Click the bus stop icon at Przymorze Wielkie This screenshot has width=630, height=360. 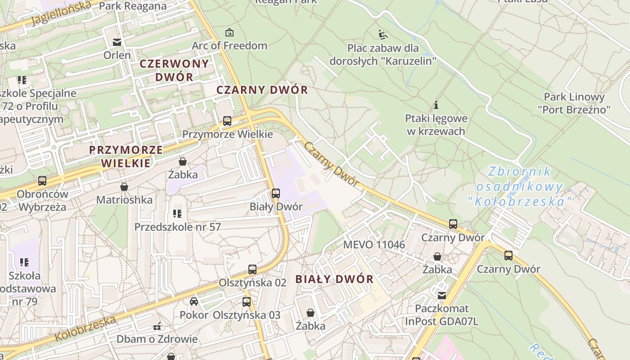[x=227, y=121]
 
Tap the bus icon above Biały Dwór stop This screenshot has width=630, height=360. [x=276, y=193]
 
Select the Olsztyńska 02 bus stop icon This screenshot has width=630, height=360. [x=252, y=270]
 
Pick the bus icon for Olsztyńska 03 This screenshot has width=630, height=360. [x=246, y=302]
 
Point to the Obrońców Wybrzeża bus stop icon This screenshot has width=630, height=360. [x=42, y=181]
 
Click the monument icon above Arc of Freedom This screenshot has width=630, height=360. [x=229, y=32]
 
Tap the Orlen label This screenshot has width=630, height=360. [x=117, y=55]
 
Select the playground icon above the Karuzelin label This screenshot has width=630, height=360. [x=382, y=34]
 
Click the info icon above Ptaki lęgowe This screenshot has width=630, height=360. [x=436, y=105]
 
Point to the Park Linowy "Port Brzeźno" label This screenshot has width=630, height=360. [x=574, y=103]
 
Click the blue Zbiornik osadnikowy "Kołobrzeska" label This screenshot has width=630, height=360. [x=520, y=186]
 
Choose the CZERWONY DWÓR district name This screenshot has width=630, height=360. [x=174, y=70]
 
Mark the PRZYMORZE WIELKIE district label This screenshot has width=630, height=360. [x=126, y=156]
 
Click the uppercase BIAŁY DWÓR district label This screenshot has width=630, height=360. [x=334, y=279]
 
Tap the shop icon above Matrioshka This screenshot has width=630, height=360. [x=124, y=186]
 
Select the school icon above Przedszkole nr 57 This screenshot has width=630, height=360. [x=177, y=213]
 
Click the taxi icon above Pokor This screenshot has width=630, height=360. [x=194, y=301]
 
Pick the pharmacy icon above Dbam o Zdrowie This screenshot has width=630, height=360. [x=157, y=326]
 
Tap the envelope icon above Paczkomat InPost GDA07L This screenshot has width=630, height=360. [x=442, y=295]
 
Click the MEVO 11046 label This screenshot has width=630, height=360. [x=374, y=245]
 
